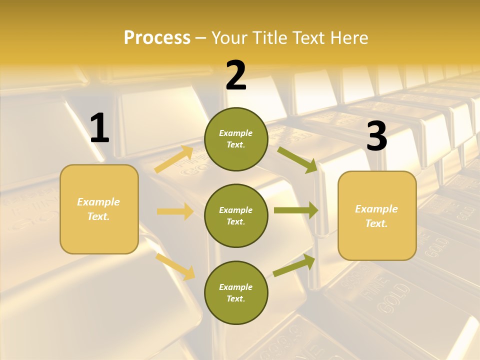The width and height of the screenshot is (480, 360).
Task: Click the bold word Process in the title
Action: coord(157,38)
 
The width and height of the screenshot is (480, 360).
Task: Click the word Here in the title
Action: coord(348,38)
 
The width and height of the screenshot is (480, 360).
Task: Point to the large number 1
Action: coord(99,128)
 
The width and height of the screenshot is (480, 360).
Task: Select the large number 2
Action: coord(236,75)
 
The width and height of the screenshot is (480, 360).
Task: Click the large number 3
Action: coord(376,136)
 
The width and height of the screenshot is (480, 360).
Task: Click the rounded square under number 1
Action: coord(99,209)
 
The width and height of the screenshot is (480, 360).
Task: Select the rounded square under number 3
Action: coord(377,216)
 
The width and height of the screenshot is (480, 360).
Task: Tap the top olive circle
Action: coord(236,139)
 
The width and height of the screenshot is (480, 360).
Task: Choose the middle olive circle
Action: coord(236,215)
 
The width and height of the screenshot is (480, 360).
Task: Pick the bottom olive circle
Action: coord(236,292)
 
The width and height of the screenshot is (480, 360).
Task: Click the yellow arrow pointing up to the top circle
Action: coord(174,159)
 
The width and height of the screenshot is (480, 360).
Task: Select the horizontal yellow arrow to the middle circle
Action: coord(175,211)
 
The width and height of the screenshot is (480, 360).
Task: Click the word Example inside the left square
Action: coord(98,202)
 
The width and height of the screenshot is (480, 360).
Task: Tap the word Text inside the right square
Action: coord(376,223)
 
